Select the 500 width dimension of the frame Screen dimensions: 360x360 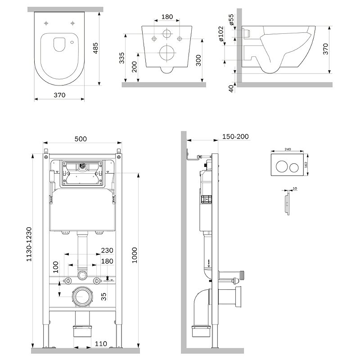(x=81, y=139)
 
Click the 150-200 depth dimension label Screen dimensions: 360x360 (x=236, y=137)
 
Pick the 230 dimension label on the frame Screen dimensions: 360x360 (x=107, y=251)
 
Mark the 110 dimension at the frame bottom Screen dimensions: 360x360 (x=101, y=344)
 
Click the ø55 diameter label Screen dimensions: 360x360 (x=230, y=20)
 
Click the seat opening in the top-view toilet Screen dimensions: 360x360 (x=59, y=44)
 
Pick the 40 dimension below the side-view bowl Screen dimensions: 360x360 (x=231, y=88)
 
